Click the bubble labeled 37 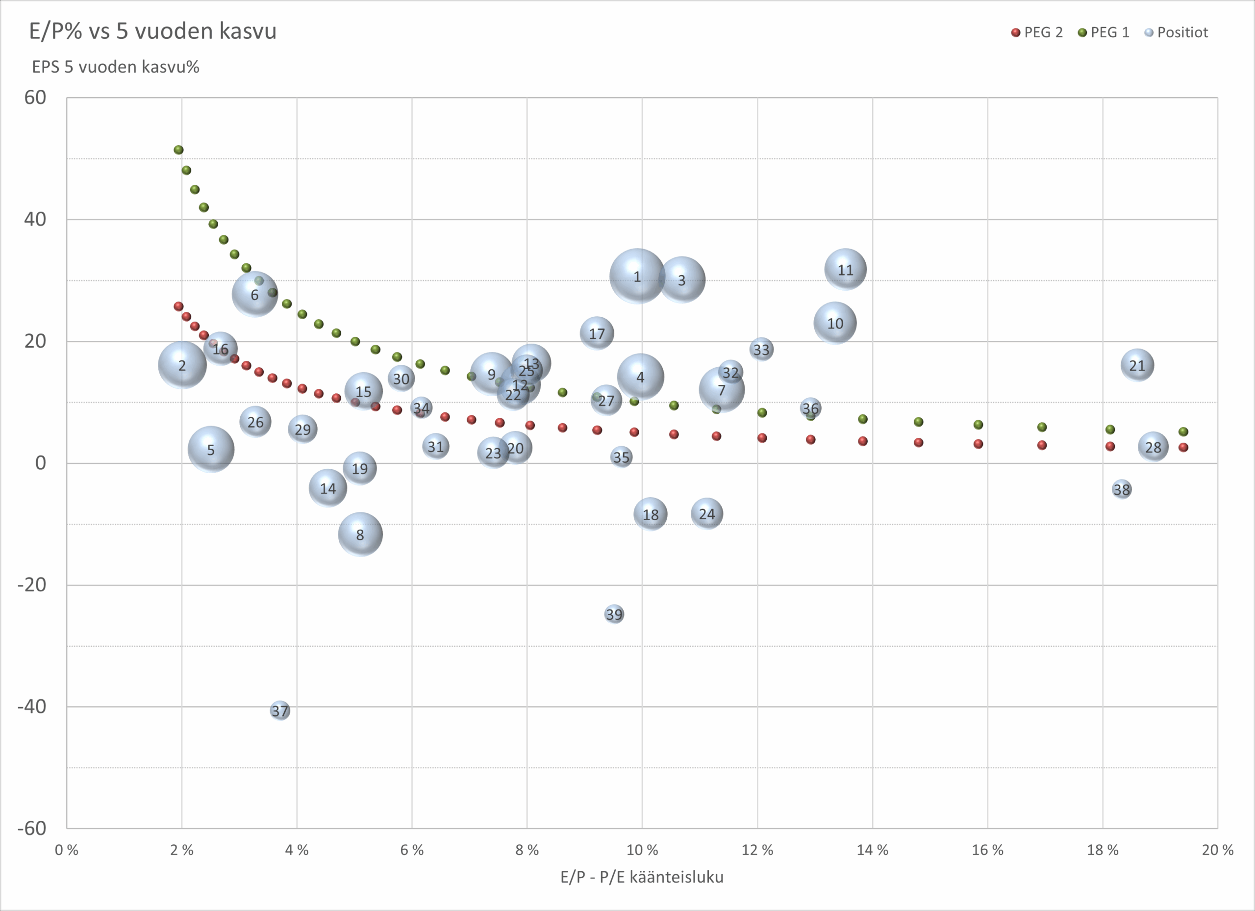[x=280, y=710]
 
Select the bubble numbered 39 [x=614, y=614]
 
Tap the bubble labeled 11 [x=845, y=270]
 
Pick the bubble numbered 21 [x=1137, y=365]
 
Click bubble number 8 [x=360, y=534]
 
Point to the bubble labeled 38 [x=1122, y=489]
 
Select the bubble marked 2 [x=182, y=365]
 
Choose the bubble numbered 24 [x=706, y=514]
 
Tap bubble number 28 [x=1153, y=447]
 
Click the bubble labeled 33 [x=761, y=349]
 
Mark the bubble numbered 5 [x=211, y=450]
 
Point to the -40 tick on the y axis [x=31, y=706]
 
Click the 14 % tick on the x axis [x=873, y=850]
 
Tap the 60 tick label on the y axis [x=35, y=98]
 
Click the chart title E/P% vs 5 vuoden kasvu [x=153, y=31]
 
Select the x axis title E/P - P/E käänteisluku [x=642, y=877]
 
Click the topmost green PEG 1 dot [x=178, y=150]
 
